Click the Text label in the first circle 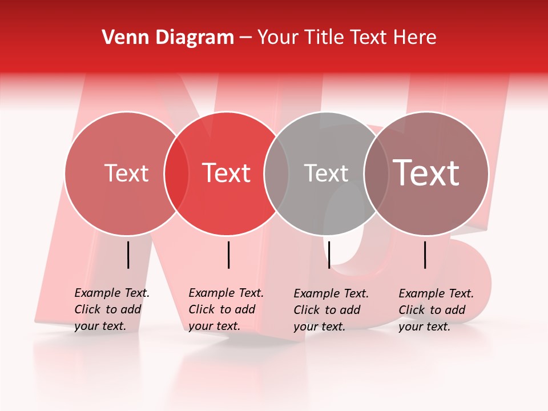tap(126, 173)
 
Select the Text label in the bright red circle tap(226, 173)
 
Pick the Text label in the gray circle tap(326, 173)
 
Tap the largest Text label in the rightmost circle tap(426, 173)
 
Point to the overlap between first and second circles tap(176, 174)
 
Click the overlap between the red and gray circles tap(276, 174)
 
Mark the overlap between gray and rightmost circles tap(376, 174)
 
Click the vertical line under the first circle tap(128, 255)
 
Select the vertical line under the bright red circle tap(228, 255)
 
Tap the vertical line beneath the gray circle tap(329, 255)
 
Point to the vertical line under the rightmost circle tap(425, 255)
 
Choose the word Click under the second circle tap(202, 310)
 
